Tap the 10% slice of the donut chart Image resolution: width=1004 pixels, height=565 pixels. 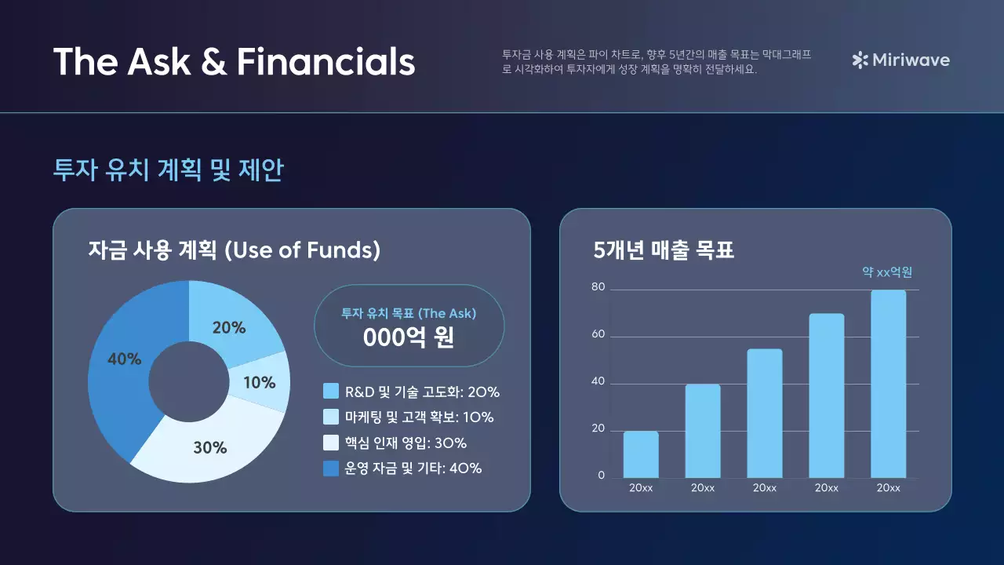260,383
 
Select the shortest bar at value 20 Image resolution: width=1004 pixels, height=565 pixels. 641,454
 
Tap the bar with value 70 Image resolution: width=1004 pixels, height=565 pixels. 827,395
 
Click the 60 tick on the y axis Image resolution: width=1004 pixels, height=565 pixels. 598,335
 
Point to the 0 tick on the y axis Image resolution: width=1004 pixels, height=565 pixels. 602,476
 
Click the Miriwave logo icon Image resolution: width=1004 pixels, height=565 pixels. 860,60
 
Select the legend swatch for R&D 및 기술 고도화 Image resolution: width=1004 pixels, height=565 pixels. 331,392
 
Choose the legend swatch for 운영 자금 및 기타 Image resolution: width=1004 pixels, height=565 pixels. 331,468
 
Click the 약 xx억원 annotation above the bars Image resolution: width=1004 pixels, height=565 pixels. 887,272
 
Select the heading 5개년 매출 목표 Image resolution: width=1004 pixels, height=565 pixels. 664,250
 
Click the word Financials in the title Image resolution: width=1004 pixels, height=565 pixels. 326,61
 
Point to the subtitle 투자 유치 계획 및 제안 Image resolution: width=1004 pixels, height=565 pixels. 168,170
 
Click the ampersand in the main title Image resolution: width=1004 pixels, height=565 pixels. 213,62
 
